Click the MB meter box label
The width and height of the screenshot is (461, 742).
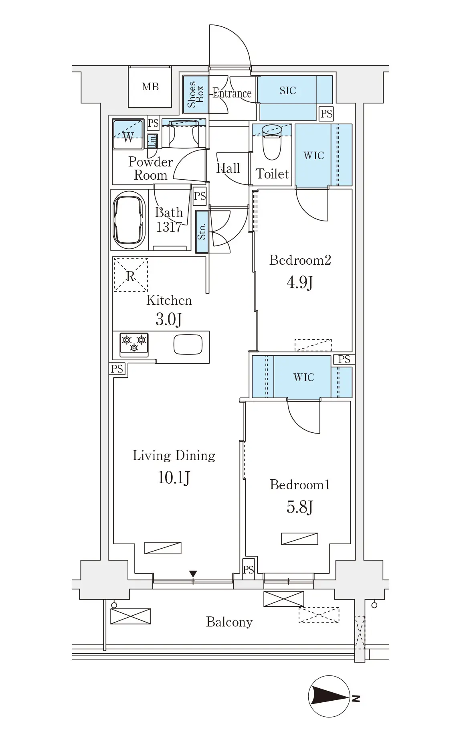click(x=150, y=87)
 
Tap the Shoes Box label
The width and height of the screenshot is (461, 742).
click(x=196, y=94)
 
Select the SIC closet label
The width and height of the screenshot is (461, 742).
click(x=288, y=91)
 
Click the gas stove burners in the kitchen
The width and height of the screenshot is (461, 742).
click(x=134, y=344)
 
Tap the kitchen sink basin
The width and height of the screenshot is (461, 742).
click(x=188, y=345)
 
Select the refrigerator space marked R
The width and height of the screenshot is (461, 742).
click(x=131, y=275)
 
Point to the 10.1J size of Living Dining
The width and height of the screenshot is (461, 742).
click(x=174, y=478)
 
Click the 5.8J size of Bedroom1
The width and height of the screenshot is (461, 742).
click(x=300, y=507)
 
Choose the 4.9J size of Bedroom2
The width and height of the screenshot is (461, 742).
click(x=300, y=282)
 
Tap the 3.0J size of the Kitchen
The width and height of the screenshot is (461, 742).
click(x=168, y=320)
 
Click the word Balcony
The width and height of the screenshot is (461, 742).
click(x=229, y=622)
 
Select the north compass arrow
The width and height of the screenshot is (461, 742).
click(x=329, y=697)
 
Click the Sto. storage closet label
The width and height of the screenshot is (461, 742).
click(x=202, y=232)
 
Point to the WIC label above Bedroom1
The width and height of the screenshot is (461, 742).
click(x=303, y=377)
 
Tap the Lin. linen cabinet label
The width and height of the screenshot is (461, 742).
click(x=152, y=140)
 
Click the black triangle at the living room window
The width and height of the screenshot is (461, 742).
click(x=193, y=574)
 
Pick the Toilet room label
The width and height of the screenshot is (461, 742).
click(x=272, y=174)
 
